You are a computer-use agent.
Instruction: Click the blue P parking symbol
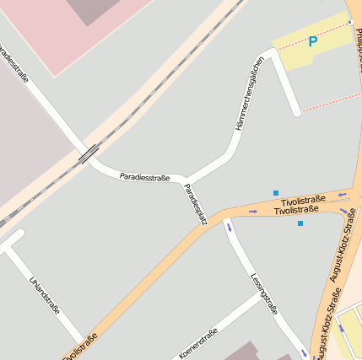point(313,41)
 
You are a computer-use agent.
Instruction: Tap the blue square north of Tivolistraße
point(276,193)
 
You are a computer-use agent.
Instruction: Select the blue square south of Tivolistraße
point(300,223)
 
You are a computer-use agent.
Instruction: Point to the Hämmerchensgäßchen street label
point(251,94)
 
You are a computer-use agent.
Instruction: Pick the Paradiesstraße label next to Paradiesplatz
point(144,177)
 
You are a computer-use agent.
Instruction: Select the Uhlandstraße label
point(45,295)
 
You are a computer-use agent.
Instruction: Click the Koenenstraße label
point(198,343)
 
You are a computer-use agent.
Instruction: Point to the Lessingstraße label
point(264,292)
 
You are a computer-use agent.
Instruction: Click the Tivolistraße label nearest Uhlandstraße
point(80,347)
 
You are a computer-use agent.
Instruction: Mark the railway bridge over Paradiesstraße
point(88,153)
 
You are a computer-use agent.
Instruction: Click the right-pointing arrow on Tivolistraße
point(254,210)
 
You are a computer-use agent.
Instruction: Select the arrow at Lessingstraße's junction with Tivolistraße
point(228,226)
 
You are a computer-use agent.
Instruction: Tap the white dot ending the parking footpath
point(349,22)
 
